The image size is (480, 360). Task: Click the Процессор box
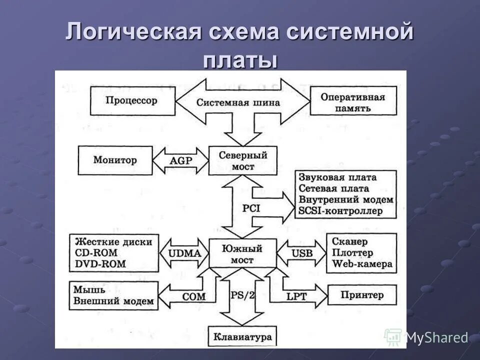pos(131,100)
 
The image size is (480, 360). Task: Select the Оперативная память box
pos(352,102)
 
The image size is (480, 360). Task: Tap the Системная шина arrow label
pos(238,102)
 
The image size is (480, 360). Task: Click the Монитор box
pos(115,160)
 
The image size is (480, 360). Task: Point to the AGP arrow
pos(180,161)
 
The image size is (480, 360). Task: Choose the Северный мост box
pos(243,160)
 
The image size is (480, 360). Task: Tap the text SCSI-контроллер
pos(340,210)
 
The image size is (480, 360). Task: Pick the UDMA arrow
pos(184,253)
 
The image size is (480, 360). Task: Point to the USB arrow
pos(301,253)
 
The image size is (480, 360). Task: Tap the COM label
pos(193,296)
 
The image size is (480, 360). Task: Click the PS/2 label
pos(243,295)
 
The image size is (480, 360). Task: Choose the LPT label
pos(296,296)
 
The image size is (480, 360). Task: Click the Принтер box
pos(362,294)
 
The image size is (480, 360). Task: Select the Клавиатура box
pos(243,336)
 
